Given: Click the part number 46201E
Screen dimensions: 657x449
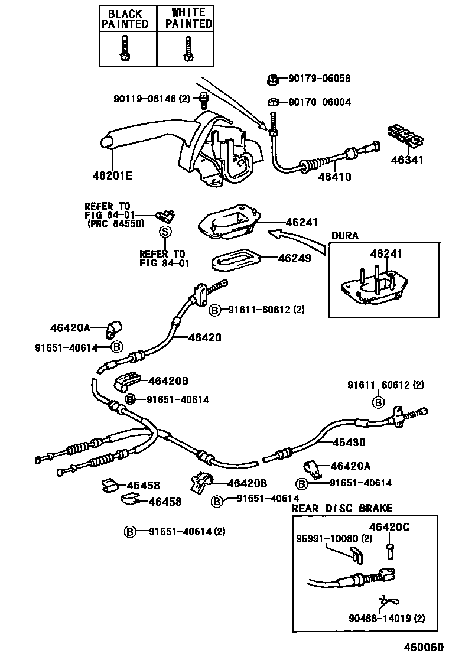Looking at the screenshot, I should (113, 175).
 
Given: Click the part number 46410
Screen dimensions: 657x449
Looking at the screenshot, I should (334, 176).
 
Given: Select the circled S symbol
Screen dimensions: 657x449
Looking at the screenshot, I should (165, 232).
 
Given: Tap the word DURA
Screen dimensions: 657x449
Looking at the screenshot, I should (344, 235).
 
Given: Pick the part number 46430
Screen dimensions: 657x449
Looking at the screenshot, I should (349, 442).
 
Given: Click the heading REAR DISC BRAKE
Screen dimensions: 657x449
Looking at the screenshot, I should (341, 508).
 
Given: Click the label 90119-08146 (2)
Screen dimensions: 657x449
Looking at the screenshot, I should (152, 99).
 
